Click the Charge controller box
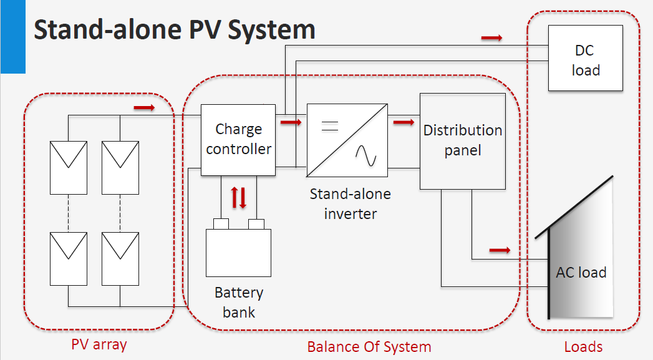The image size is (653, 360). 238,140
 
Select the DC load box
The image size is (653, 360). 586,59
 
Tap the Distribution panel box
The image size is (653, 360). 462,141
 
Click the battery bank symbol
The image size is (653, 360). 239,252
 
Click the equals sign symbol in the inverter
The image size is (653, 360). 329,127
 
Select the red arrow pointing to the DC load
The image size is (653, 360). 491,38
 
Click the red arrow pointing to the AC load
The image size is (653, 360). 500,250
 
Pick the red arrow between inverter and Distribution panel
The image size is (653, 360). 404,122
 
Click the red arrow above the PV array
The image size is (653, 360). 144,108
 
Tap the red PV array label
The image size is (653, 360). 99,344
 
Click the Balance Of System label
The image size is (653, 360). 369,346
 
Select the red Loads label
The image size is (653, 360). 583,346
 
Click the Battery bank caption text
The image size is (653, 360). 239,302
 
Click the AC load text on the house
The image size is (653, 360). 581,273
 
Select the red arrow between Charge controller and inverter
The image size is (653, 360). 291,122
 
